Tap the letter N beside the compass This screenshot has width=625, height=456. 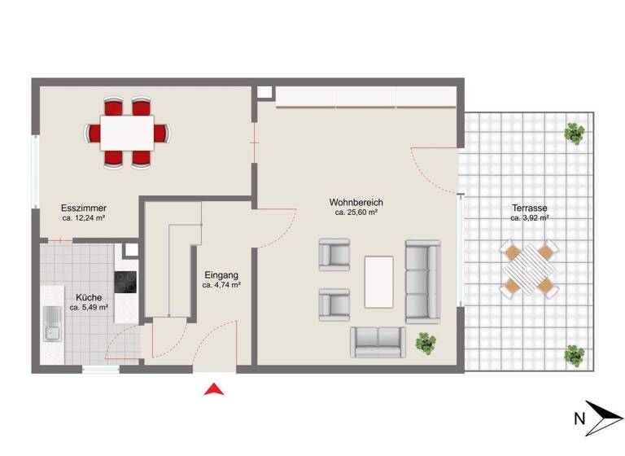click(579, 419)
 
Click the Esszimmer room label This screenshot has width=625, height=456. click(84, 208)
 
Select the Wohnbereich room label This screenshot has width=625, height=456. click(356, 203)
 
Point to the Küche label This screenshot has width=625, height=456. click(89, 297)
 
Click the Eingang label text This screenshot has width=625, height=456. click(221, 275)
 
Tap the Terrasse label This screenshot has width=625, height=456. click(529, 208)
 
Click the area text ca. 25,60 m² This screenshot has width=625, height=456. click(356, 213)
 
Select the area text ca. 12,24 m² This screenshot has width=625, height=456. click(85, 218)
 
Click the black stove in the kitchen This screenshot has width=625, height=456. click(126, 282)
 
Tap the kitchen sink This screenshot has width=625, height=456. click(53, 323)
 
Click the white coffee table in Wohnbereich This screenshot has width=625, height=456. click(378, 282)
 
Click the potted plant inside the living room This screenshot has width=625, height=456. click(425, 343)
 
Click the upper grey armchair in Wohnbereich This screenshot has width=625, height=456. click(334, 253)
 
